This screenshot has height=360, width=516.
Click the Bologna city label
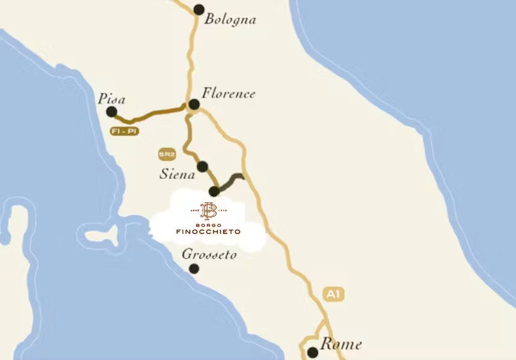[x=230, y=19]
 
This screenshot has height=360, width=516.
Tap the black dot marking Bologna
[x=199, y=9]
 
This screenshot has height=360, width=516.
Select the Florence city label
[x=228, y=93]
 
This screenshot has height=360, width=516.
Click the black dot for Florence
[x=194, y=104]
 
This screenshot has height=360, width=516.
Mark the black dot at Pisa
[x=112, y=112]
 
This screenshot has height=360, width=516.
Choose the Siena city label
[x=177, y=175]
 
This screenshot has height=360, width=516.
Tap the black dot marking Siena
[x=203, y=166]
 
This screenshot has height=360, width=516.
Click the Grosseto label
[x=209, y=254]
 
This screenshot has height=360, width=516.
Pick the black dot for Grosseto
[x=194, y=268]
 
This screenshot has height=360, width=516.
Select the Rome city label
[x=341, y=344]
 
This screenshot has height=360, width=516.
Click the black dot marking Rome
[x=312, y=352]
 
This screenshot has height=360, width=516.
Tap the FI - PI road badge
[x=124, y=131]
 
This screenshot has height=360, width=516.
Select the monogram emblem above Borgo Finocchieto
[x=209, y=210]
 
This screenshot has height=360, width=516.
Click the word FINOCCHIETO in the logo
[x=208, y=232]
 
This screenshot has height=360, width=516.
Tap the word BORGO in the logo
[x=208, y=224]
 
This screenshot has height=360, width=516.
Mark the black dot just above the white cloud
[x=213, y=191]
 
